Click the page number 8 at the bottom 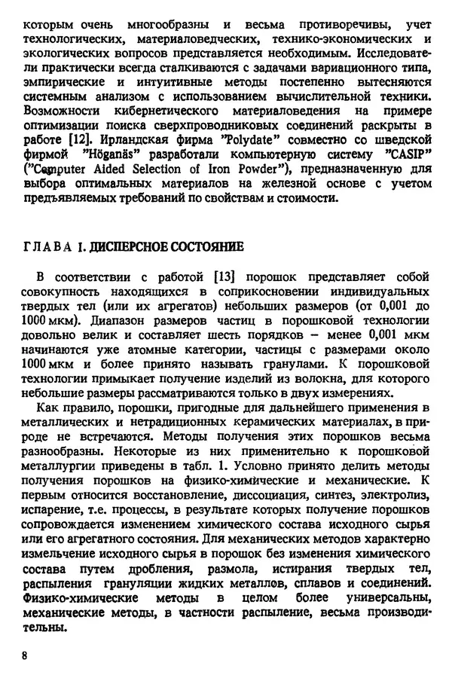[x=25, y=656]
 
